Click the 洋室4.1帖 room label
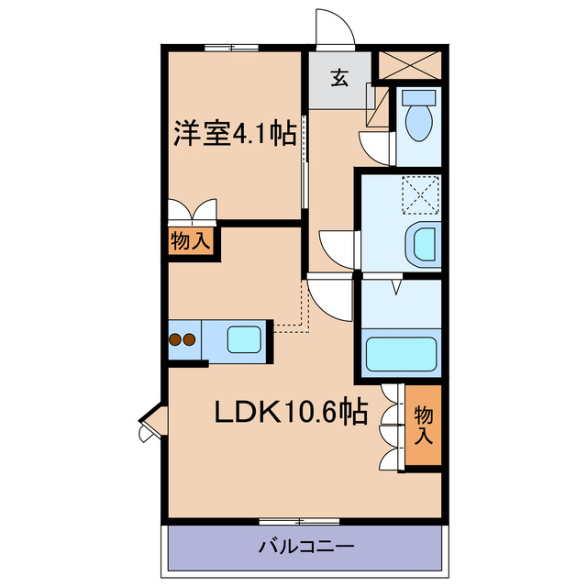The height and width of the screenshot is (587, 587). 235,136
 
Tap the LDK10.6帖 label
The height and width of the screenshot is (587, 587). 291,412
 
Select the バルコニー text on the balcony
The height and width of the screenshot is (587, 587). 305,548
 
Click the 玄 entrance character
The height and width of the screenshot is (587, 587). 339,78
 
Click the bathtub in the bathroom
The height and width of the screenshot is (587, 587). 401,353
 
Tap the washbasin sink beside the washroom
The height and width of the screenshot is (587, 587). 423,244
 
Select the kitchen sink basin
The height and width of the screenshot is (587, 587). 245,339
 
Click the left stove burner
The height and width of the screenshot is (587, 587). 175,339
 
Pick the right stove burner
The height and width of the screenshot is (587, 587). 190,339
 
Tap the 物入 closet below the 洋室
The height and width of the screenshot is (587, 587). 191,242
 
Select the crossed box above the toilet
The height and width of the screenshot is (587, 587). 410,64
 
